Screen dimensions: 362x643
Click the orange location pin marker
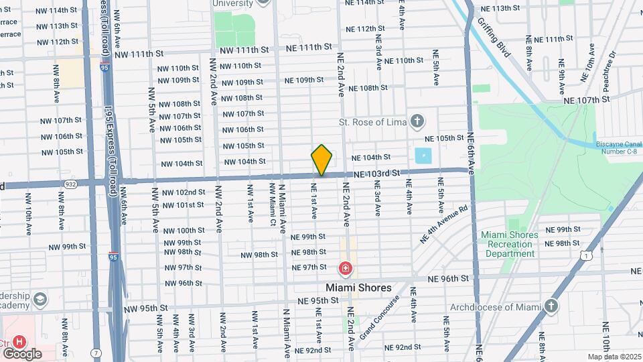tap(322, 160)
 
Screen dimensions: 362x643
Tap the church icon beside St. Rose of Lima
tap(417, 121)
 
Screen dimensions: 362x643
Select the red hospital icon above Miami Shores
tap(346, 269)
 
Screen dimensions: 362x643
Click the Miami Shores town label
tap(363, 288)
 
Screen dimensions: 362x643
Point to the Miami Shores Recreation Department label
tap(510, 244)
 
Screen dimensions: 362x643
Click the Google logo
tap(22, 353)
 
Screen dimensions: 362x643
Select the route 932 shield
tap(70, 183)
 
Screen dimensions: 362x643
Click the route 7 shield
tap(98, 353)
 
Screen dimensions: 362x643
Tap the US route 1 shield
tap(587, 255)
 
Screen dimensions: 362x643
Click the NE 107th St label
tap(587, 100)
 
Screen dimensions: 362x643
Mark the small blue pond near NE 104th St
tap(423, 156)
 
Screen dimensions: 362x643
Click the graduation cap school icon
tap(40, 298)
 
